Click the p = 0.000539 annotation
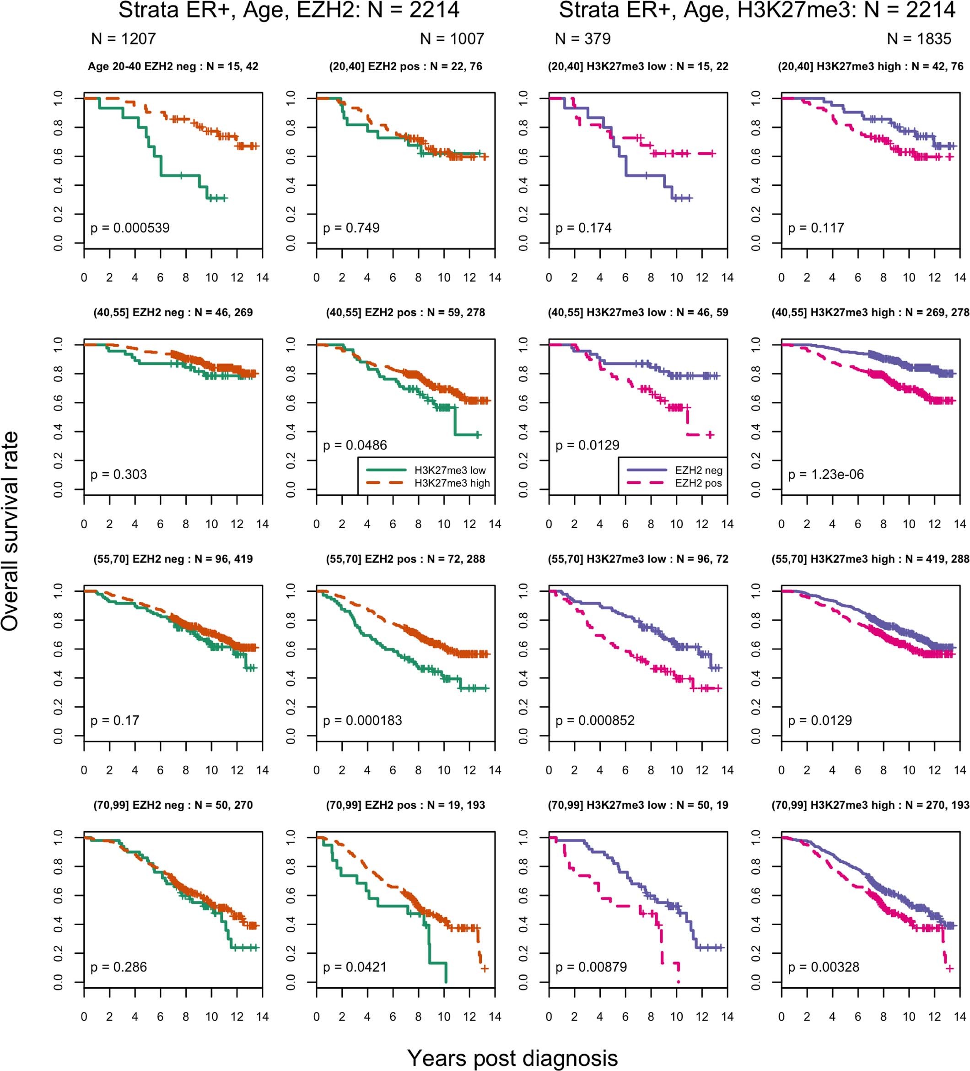click(x=129, y=228)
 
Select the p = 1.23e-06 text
click(x=825, y=475)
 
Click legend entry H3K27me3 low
click(x=449, y=470)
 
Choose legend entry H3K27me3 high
click(x=452, y=483)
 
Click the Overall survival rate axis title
click(x=11, y=531)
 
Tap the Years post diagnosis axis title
click(x=512, y=1058)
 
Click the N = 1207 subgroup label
click(x=123, y=39)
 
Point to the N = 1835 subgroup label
click(x=919, y=39)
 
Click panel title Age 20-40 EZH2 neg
click(x=172, y=66)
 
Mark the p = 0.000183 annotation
click(x=362, y=720)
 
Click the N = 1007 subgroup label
click(x=452, y=39)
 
